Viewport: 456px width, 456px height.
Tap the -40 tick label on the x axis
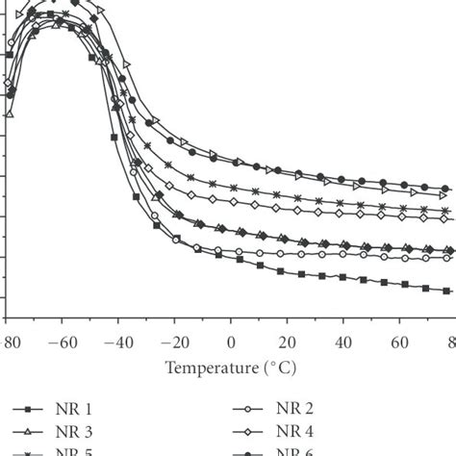tap(118, 342)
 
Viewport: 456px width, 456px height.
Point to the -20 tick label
tap(174, 342)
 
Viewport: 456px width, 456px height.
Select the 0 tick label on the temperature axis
tap(231, 342)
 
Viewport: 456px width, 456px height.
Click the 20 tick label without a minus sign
tap(287, 342)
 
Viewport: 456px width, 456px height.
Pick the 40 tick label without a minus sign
tap(342, 342)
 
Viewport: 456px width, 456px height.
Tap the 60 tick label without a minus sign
tap(398, 342)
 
